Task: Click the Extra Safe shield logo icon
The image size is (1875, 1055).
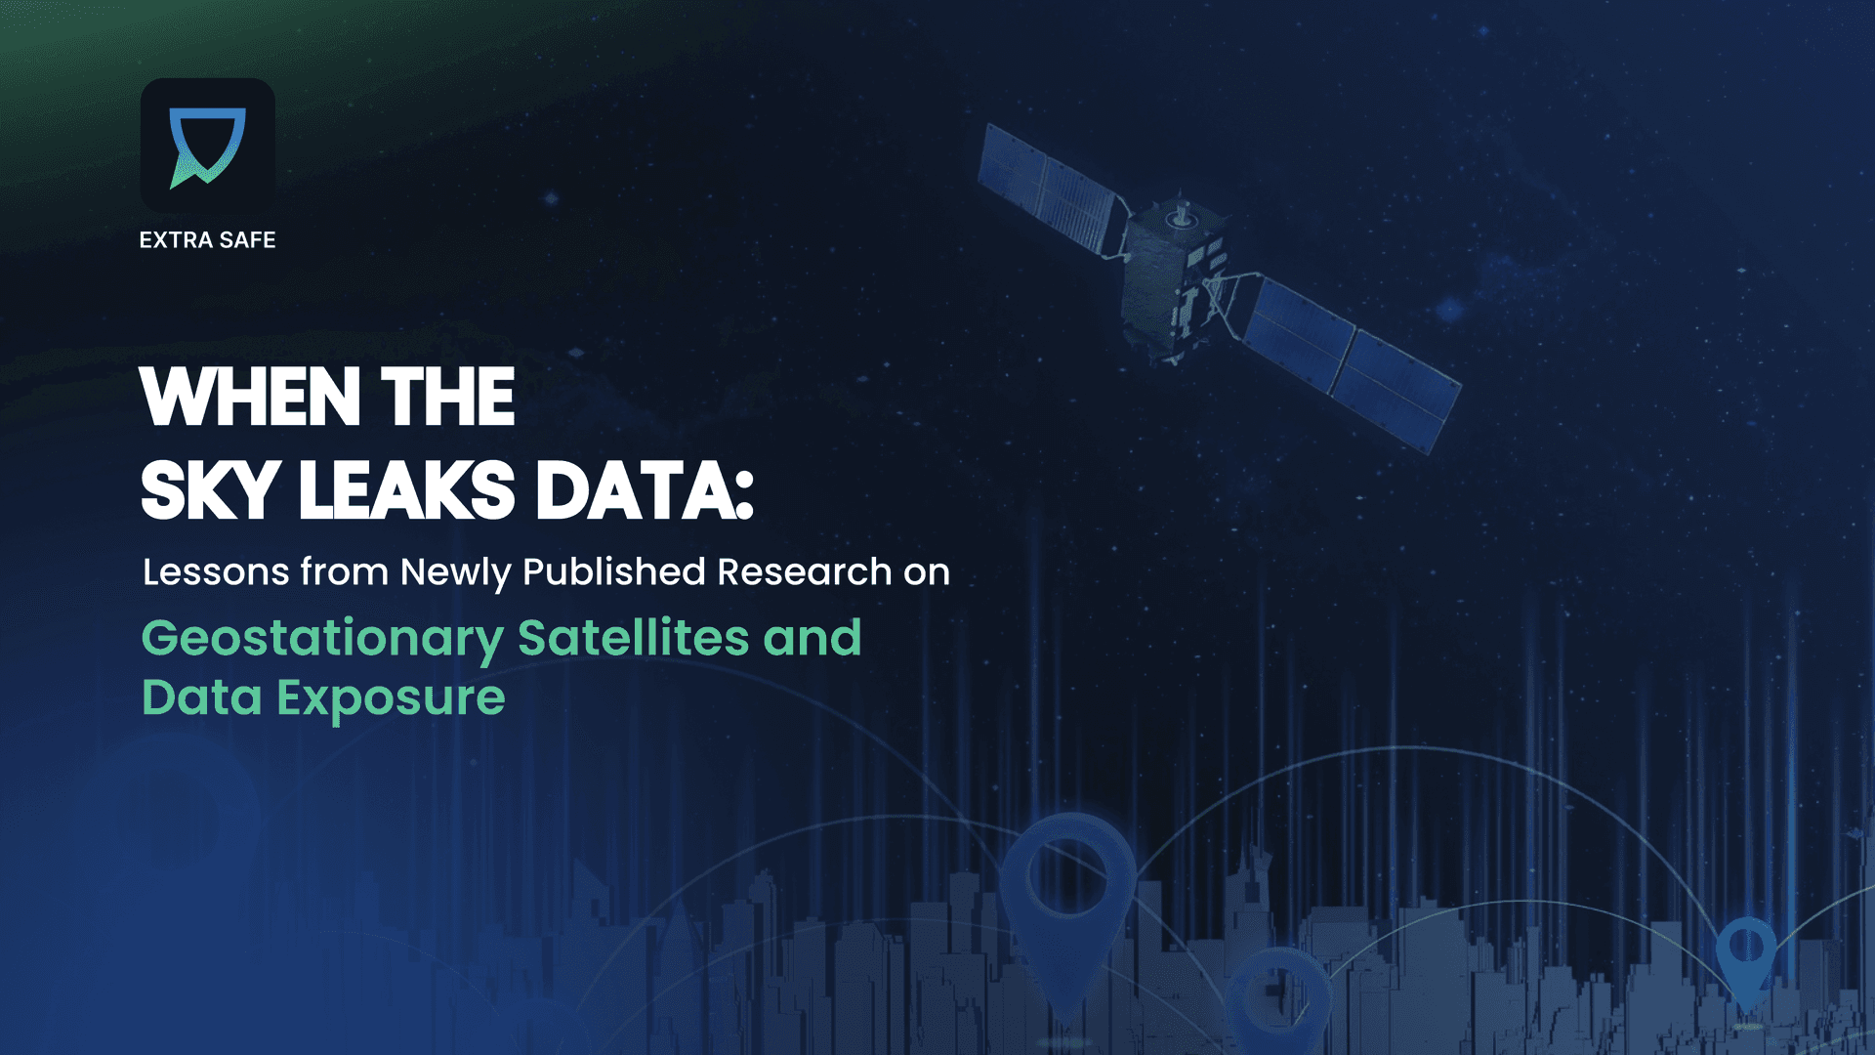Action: click(x=207, y=147)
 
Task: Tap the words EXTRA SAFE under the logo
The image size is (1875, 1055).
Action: click(x=207, y=240)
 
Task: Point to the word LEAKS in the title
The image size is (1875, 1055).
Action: click(x=406, y=491)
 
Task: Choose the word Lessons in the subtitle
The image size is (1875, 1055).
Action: click(x=216, y=572)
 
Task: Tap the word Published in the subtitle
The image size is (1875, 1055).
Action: click(x=613, y=572)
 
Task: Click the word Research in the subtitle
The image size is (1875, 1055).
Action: click(x=805, y=572)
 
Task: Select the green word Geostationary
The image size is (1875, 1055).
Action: click(x=322, y=640)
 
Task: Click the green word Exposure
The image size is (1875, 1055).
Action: click(x=391, y=699)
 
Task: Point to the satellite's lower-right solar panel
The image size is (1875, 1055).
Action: click(x=1353, y=361)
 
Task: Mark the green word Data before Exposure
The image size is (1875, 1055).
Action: click(x=202, y=699)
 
